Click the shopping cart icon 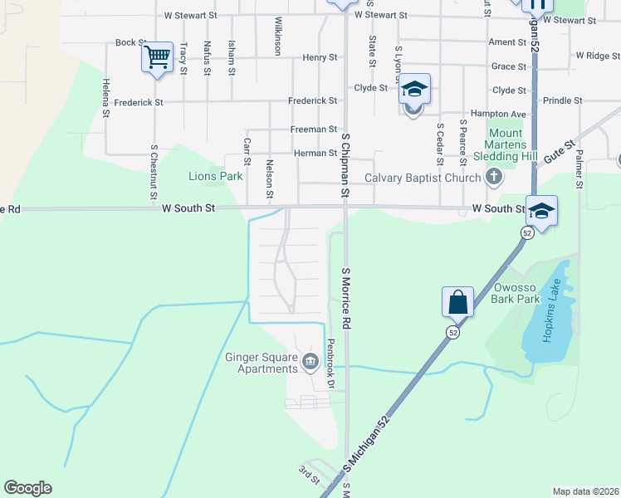[x=156, y=57]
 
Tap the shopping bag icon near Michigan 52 [x=458, y=301]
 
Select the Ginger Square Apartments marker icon [x=310, y=360]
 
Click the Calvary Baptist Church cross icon [x=494, y=177]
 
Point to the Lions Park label [x=215, y=176]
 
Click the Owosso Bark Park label [x=517, y=293]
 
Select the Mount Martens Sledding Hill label [x=505, y=144]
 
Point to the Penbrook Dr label [x=330, y=364]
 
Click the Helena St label [x=106, y=98]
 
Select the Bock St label [x=130, y=42]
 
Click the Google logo [x=27, y=488]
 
